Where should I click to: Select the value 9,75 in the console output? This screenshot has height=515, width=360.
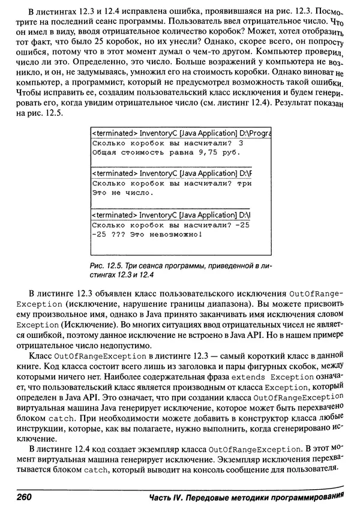click(x=200, y=152)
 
